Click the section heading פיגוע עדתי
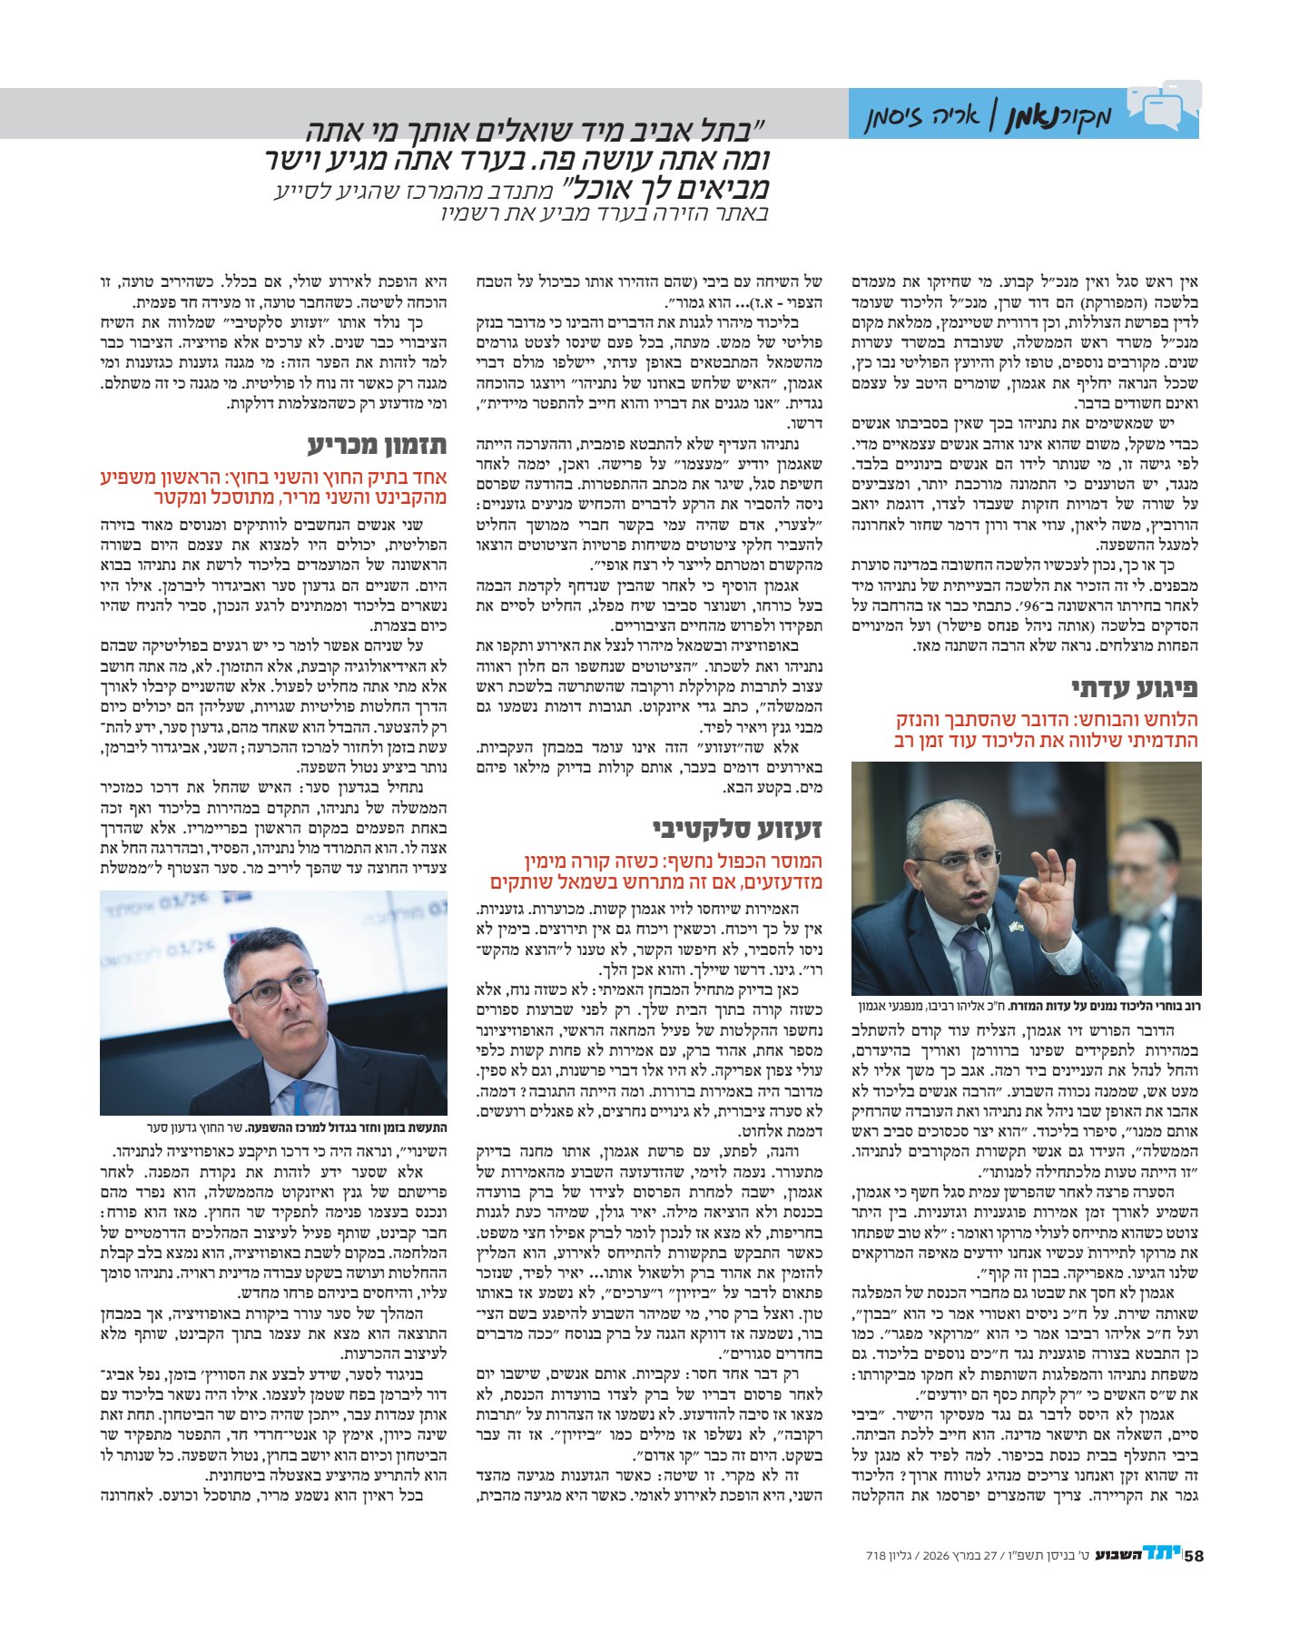[x=1135, y=686]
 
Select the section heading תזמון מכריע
[x=377, y=445]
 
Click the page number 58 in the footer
[x=1194, y=1555]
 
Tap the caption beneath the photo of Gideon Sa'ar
[x=273, y=1127]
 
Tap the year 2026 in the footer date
[x=936, y=1556]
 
